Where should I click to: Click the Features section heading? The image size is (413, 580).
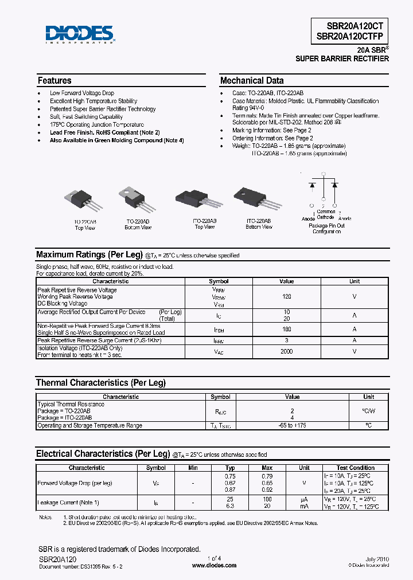[54, 81]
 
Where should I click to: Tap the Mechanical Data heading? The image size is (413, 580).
[252, 81]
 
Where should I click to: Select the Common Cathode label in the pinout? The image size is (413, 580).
[326, 214]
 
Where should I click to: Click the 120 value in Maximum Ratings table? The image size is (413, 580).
[287, 297]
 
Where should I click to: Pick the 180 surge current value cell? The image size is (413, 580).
[287, 329]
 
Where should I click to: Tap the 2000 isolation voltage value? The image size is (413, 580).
[287, 351]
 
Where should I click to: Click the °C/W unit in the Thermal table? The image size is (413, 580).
[368, 410]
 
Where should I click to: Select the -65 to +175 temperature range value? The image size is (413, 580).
[292, 425]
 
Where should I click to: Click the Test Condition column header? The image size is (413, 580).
[356, 468]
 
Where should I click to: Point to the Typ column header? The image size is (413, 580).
[230, 468]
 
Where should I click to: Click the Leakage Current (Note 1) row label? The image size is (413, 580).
[69, 503]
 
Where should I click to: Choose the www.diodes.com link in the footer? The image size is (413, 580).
[214, 566]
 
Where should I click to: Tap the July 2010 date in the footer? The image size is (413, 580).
[376, 558]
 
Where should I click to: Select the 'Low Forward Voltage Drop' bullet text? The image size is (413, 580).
[82, 93]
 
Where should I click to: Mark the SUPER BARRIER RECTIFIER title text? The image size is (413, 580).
[342, 59]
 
